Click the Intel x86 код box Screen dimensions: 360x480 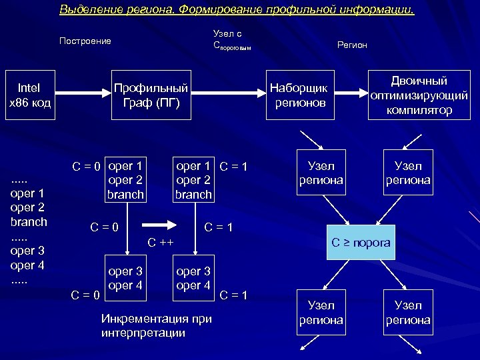(x=29, y=95)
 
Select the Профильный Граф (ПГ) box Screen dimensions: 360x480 (x=151, y=95)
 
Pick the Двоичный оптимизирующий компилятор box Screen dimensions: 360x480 (x=419, y=95)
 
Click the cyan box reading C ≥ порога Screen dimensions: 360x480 (x=361, y=243)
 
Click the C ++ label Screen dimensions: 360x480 (x=160, y=241)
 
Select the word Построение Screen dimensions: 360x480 (x=85, y=41)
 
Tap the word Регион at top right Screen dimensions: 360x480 (x=352, y=45)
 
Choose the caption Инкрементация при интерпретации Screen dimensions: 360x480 (x=156, y=325)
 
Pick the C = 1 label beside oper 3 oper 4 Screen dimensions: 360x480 (x=233, y=295)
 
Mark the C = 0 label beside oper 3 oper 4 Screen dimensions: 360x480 (x=85, y=295)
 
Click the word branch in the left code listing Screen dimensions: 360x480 (x=29, y=221)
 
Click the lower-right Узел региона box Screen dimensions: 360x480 (x=408, y=313)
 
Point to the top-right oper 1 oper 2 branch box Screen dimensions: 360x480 (x=193, y=179)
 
